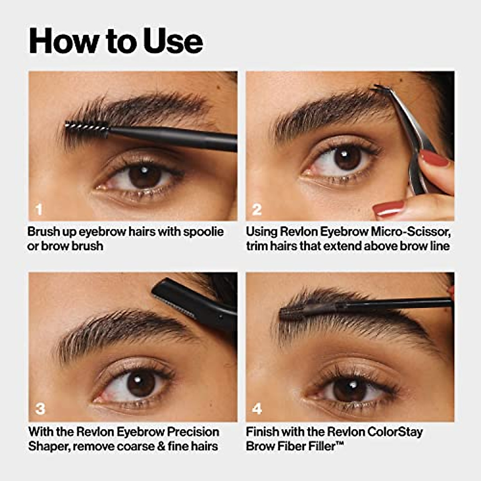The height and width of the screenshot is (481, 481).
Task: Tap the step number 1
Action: pyautogui.click(x=39, y=209)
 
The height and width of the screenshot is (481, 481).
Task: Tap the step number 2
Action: pyautogui.click(x=257, y=209)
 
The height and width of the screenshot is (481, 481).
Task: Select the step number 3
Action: pyautogui.click(x=40, y=409)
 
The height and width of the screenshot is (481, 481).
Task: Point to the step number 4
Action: pyautogui.click(x=257, y=409)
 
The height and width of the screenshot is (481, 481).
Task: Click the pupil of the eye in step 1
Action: pyautogui.click(x=145, y=176)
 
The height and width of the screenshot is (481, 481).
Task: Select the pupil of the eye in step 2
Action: pyautogui.click(x=347, y=158)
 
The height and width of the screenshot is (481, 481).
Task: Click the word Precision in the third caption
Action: pyautogui.click(x=193, y=432)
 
